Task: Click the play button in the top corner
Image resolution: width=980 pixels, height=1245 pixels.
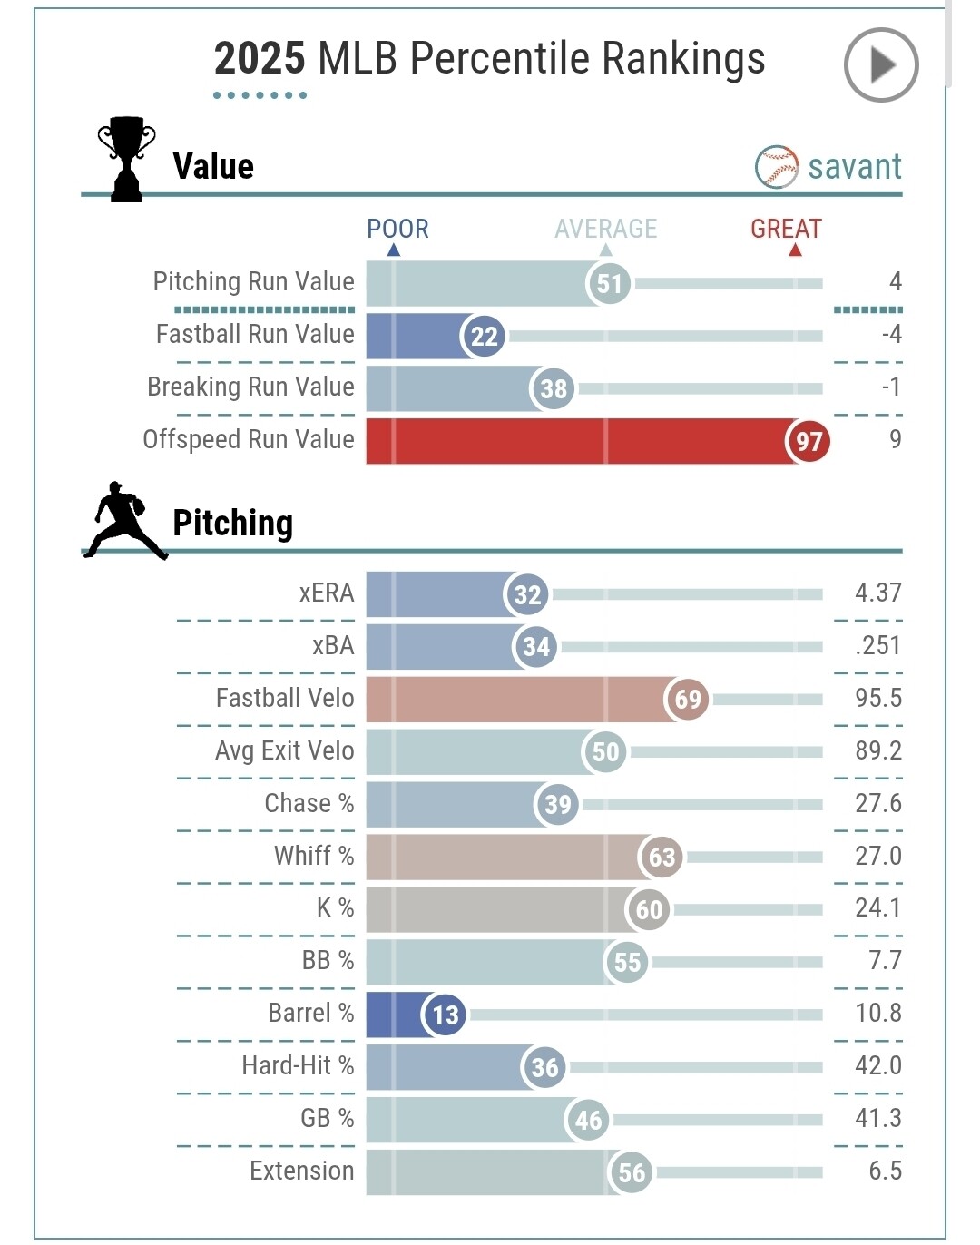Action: [880, 64]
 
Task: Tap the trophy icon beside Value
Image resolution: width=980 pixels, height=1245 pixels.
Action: [126, 159]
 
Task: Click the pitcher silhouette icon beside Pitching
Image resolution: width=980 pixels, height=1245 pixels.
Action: [125, 520]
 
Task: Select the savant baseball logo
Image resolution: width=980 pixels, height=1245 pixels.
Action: [777, 167]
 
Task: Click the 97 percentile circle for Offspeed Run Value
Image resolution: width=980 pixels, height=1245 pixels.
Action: [808, 441]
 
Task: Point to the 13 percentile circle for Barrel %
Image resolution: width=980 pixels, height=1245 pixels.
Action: [445, 1015]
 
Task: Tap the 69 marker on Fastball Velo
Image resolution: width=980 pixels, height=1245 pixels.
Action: [687, 699]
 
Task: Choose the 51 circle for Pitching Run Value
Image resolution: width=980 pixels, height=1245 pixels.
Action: [609, 283]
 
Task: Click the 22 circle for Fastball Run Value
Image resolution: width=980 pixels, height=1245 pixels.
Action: [484, 336]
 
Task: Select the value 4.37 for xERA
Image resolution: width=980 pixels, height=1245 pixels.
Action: [877, 593]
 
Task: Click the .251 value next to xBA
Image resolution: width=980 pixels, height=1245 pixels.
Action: [877, 645]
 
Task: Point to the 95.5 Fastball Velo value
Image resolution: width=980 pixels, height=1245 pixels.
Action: [877, 698]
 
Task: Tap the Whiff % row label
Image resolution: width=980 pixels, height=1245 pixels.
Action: [314, 856]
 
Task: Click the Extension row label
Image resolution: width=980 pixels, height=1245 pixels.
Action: [301, 1171]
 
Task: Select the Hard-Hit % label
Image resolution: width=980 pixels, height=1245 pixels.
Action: [298, 1065]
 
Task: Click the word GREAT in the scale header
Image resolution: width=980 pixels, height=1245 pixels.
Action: [786, 229]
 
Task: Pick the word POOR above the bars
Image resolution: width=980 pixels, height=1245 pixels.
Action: [397, 229]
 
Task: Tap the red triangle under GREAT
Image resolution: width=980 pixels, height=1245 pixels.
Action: [795, 250]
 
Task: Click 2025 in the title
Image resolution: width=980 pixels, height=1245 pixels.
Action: [260, 59]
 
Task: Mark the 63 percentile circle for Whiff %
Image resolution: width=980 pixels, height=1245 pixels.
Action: [661, 857]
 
